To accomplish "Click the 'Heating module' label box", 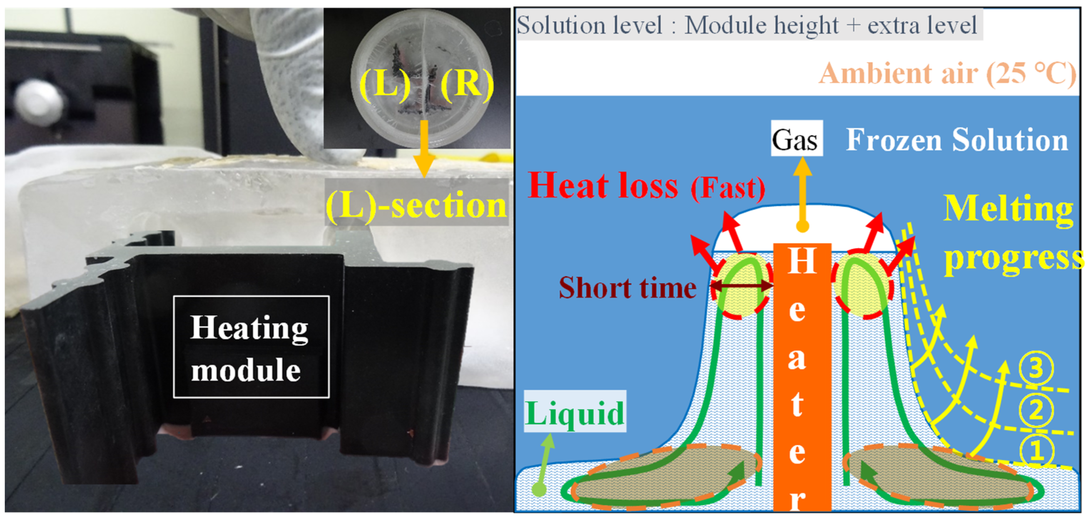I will click(251, 347).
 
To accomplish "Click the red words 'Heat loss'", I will click(603, 186).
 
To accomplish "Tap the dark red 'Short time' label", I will click(627, 289).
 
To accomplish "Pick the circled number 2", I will click(1036, 410).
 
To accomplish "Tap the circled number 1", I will click(1036, 451).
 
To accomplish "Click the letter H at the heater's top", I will click(802, 261).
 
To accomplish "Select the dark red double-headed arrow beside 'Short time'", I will click(742, 286).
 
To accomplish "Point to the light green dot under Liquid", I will click(539, 489).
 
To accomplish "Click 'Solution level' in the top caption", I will click(589, 25).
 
